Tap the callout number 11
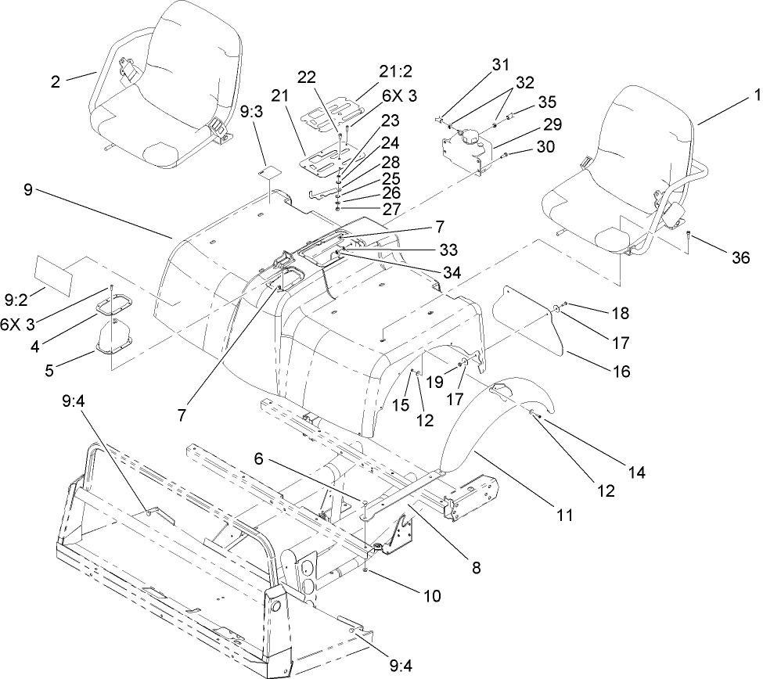[563, 516]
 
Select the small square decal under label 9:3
[272, 171]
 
